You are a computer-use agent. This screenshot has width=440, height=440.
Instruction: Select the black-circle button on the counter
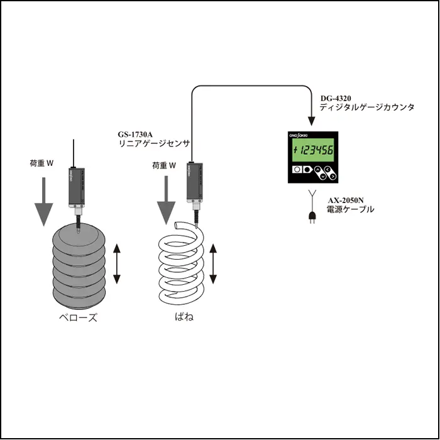tap(307, 170)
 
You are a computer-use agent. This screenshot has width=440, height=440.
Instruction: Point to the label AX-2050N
tap(346, 201)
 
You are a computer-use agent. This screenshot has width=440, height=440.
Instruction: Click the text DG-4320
tap(335, 99)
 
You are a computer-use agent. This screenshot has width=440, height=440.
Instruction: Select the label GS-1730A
tap(136, 135)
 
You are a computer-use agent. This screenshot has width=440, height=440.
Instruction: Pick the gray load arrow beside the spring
tap(165, 201)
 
